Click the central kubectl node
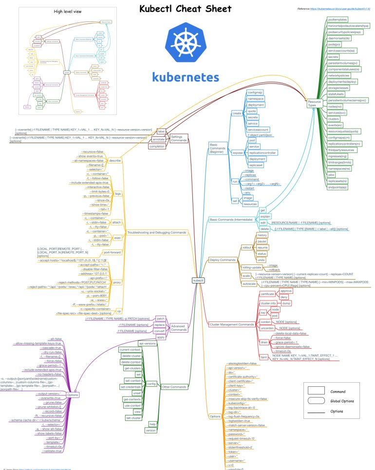(198, 281)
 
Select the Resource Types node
(314, 103)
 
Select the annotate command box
(159, 139)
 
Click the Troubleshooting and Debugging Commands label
(157, 233)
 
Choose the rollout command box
(246, 247)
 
